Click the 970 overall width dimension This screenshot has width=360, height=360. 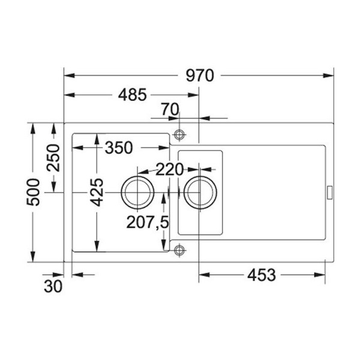pyautogui.click(x=200, y=76)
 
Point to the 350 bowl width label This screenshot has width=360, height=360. pyautogui.click(x=119, y=148)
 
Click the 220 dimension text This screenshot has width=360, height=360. pyautogui.click(x=169, y=170)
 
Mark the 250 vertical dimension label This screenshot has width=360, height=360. pyautogui.click(x=53, y=158)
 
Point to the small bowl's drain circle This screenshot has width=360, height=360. pyautogui.click(x=200, y=192)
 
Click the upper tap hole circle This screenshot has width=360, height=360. pyautogui.click(x=179, y=133)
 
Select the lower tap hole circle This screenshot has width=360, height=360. pyautogui.click(x=179, y=250)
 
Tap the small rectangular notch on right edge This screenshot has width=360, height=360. pyautogui.click(x=329, y=192)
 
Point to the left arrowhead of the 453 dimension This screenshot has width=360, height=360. pyautogui.click(x=203, y=275)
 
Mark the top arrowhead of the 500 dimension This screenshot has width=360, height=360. pyautogui.click(x=33, y=127)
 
